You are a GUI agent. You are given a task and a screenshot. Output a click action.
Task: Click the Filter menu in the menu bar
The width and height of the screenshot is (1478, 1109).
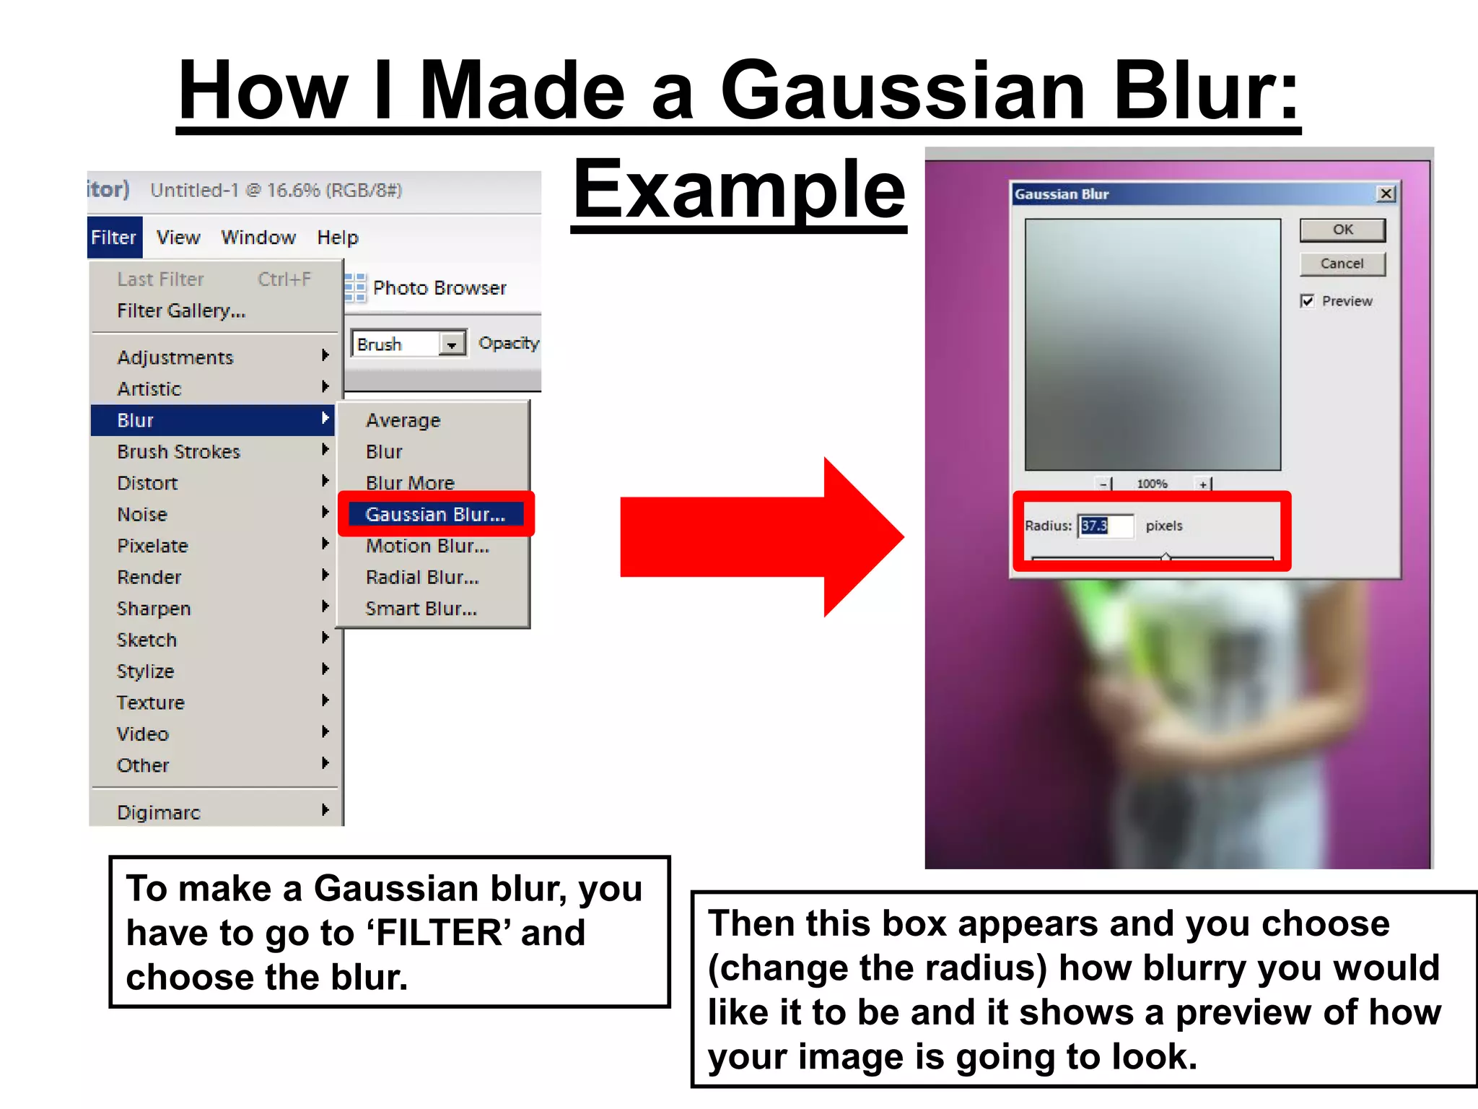[x=114, y=238]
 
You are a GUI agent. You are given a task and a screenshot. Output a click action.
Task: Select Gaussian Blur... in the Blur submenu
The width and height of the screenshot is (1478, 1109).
[x=435, y=514]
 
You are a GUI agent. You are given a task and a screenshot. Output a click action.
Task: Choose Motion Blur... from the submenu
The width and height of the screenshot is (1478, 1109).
[x=427, y=546]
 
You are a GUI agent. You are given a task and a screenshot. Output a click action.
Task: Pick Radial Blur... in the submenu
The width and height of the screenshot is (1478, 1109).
[x=422, y=578]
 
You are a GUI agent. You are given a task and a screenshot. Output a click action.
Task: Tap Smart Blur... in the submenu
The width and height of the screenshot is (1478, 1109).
[x=421, y=609]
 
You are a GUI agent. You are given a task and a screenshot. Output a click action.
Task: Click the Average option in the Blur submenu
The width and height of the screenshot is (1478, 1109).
[x=403, y=420]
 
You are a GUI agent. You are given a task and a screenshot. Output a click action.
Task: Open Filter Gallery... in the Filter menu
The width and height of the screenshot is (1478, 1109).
[x=181, y=310]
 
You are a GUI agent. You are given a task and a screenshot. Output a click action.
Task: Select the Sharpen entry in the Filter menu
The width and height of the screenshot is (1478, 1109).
[x=154, y=609]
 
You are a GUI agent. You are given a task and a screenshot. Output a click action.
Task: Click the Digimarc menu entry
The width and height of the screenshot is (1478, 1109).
[x=159, y=812]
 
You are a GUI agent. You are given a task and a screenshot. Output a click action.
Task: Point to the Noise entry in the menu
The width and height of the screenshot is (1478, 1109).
[x=142, y=514]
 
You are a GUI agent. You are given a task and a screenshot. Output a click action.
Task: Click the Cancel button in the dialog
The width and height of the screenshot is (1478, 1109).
[x=1342, y=264]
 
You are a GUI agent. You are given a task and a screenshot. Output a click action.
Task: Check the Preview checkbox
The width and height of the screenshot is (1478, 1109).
[x=1307, y=301]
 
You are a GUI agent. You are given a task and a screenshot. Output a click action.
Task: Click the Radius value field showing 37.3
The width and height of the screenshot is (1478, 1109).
[x=1105, y=526]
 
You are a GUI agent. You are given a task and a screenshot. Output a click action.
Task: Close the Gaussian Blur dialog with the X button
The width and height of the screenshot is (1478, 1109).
[x=1386, y=193]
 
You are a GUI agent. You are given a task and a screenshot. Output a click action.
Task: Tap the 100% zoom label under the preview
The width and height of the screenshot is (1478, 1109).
[x=1152, y=484]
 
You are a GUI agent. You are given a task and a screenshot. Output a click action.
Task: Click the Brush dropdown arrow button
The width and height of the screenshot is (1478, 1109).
[x=451, y=344]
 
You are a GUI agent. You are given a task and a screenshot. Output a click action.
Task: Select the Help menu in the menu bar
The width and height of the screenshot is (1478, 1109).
[x=338, y=238]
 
